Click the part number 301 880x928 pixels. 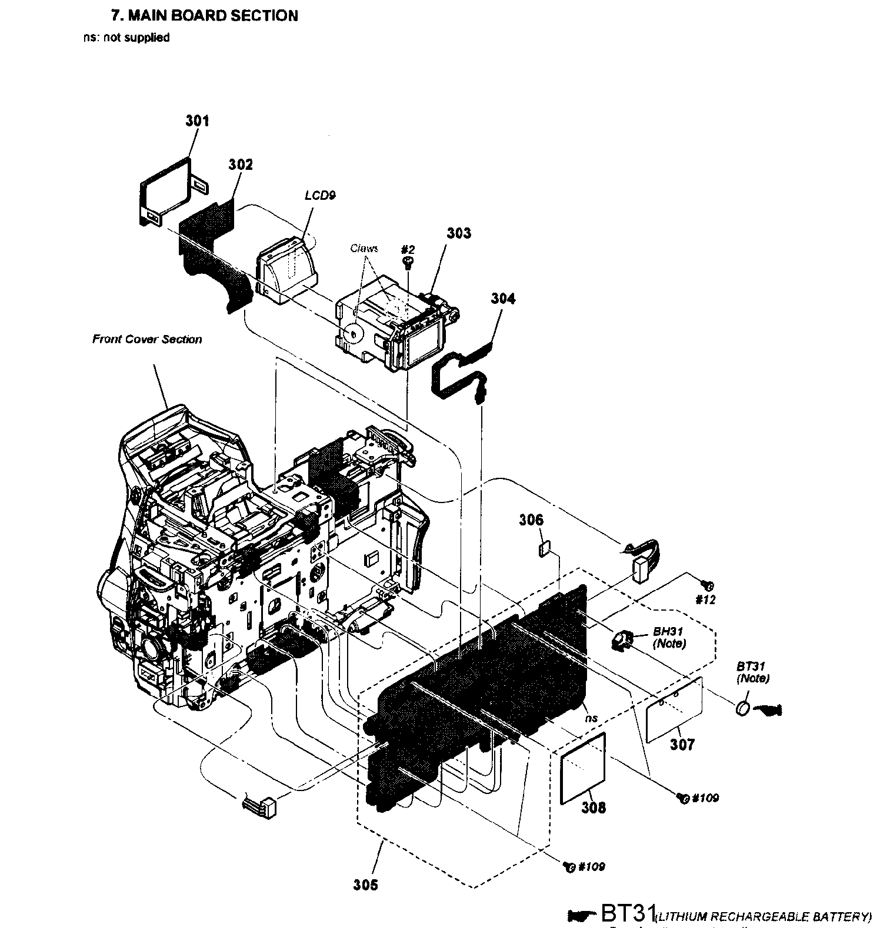click(x=197, y=121)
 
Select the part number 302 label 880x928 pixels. click(x=241, y=165)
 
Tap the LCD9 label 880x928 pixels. click(x=320, y=196)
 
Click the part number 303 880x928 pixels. click(x=459, y=233)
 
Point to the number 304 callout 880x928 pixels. click(x=503, y=299)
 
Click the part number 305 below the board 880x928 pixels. click(x=365, y=885)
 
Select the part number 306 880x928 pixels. click(x=531, y=520)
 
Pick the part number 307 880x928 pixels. click(x=682, y=745)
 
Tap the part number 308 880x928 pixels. click(x=594, y=808)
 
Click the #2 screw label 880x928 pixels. click(x=408, y=249)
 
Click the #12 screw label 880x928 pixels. click(x=705, y=600)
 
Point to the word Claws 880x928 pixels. click(x=364, y=249)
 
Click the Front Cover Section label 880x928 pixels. click(x=147, y=339)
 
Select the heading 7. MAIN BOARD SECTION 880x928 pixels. click(x=205, y=16)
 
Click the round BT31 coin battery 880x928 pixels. click(x=743, y=709)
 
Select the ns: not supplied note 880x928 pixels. click(x=126, y=38)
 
